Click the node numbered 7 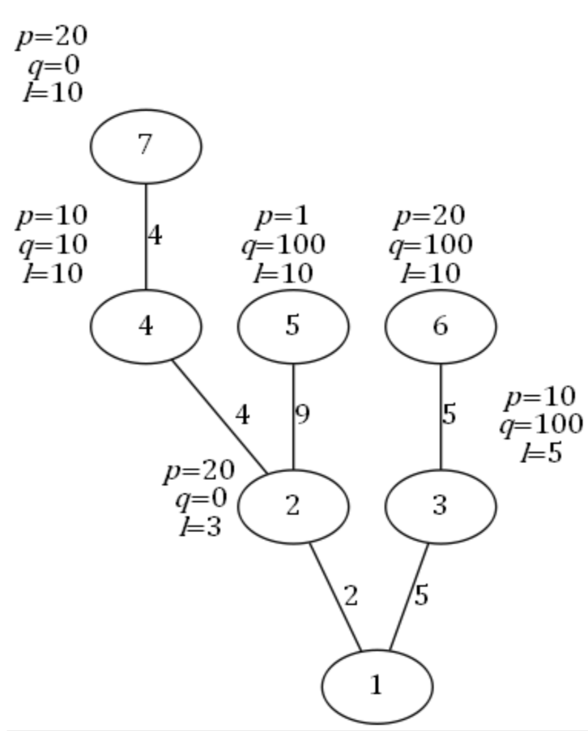(x=146, y=146)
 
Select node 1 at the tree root (x=377, y=686)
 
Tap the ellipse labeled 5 (x=293, y=326)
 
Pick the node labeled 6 (x=440, y=326)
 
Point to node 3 (x=440, y=506)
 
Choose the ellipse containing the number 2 (x=293, y=506)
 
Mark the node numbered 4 (x=146, y=326)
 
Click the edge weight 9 (x=302, y=414)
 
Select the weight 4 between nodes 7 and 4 (x=154, y=235)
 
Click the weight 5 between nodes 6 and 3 (x=449, y=414)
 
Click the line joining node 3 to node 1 (x=408, y=596)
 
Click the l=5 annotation (x=541, y=453)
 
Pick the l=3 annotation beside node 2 (x=200, y=526)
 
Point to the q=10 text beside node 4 (x=53, y=245)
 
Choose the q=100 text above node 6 (x=431, y=245)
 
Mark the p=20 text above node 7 (x=52, y=37)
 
